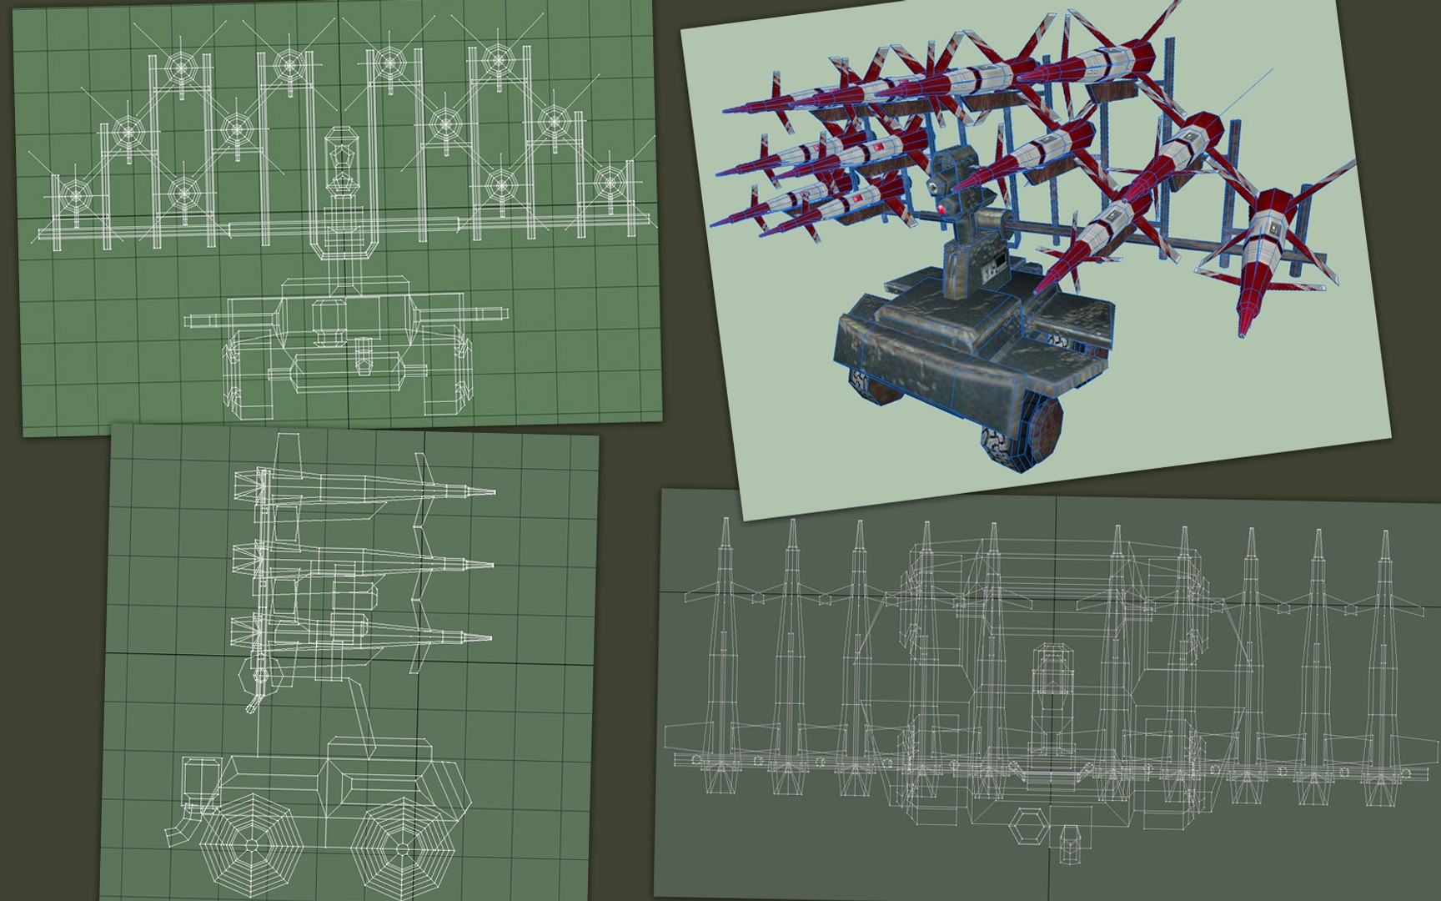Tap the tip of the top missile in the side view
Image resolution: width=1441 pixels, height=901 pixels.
pyautogui.click(x=494, y=494)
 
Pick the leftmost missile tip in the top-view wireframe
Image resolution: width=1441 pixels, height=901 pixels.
pyautogui.click(x=725, y=521)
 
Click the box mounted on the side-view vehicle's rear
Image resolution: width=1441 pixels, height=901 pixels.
pyautogui.click(x=198, y=779)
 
